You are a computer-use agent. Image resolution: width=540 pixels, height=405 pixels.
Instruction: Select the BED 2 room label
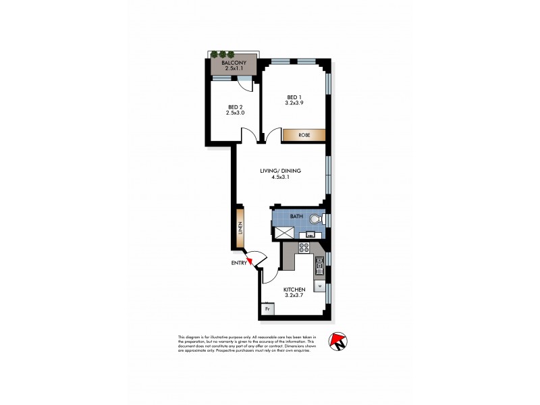click(235, 107)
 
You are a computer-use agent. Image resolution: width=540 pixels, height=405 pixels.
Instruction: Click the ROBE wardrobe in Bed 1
click(303, 134)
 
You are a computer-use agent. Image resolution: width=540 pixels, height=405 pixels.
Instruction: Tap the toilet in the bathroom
click(315, 219)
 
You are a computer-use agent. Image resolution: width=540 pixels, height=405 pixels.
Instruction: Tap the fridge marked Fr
click(267, 310)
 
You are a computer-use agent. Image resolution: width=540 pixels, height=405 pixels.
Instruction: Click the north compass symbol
click(337, 341)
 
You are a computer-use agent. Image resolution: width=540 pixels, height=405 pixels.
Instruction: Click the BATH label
click(296, 216)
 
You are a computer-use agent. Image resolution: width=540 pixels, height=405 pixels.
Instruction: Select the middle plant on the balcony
click(222, 54)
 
